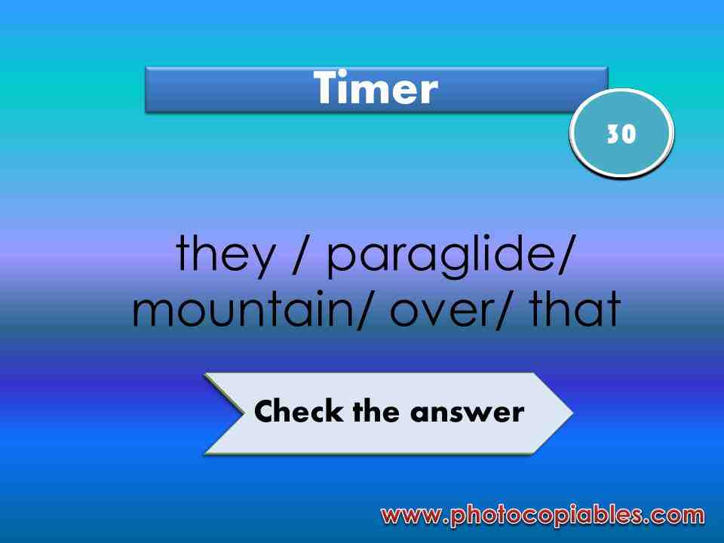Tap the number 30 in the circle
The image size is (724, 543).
click(621, 133)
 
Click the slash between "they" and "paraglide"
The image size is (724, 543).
click(299, 256)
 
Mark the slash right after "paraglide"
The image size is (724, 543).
click(561, 256)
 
